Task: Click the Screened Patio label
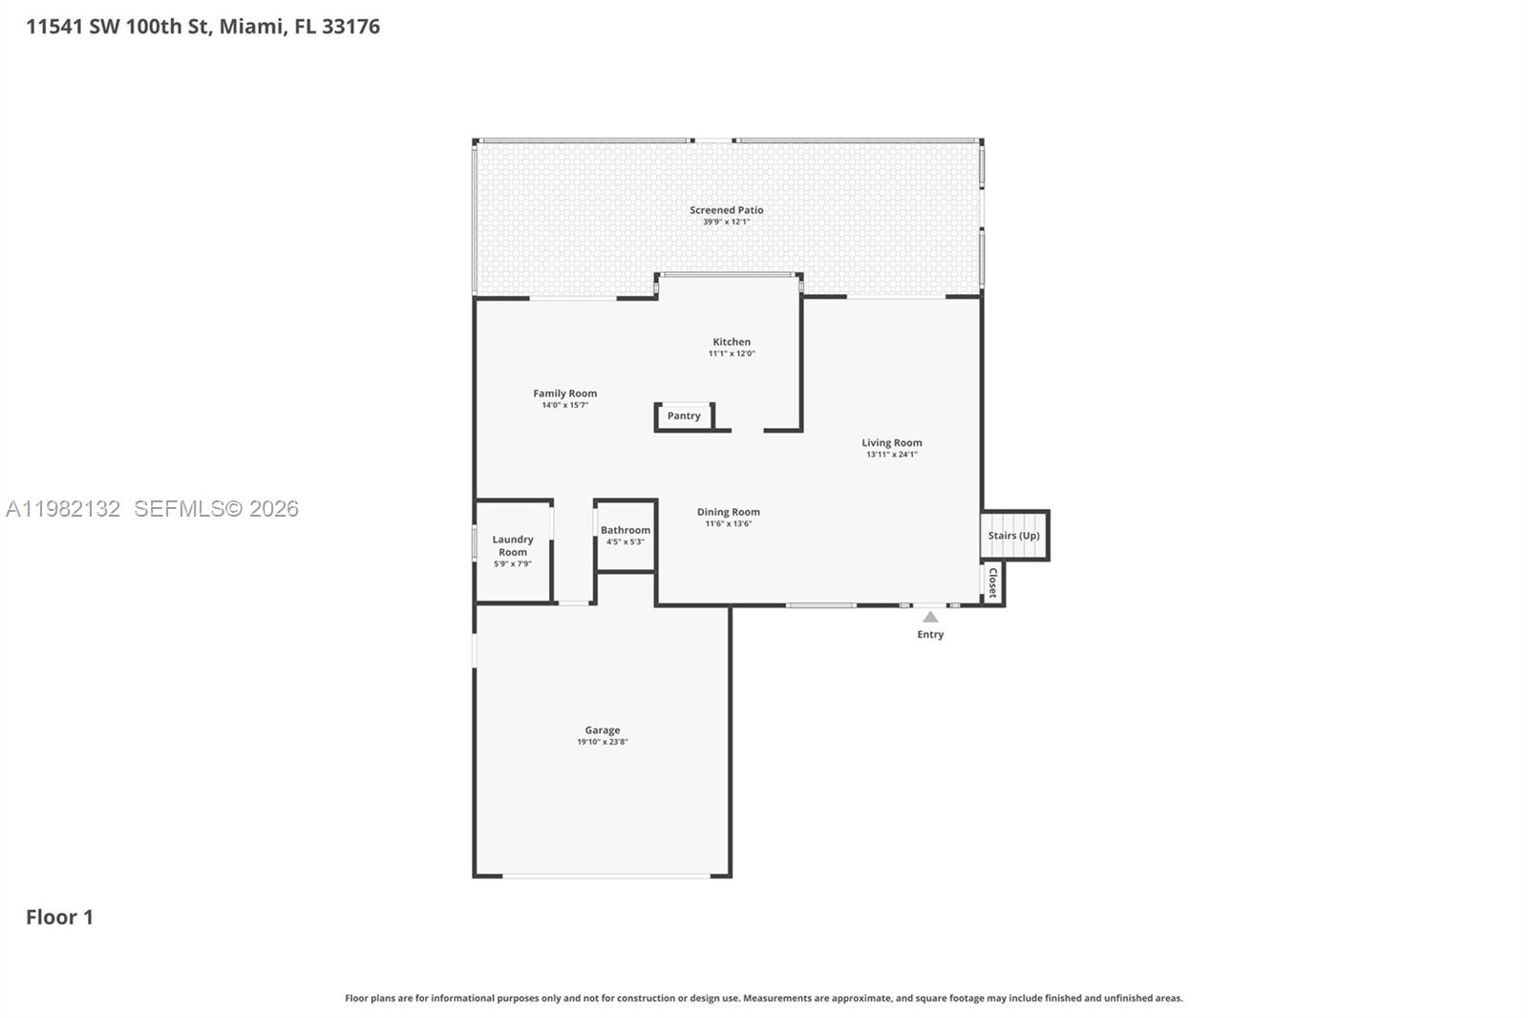pyautogui.click(x=726, y=210)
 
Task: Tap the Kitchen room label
pyautogui.click(x=732, y=342)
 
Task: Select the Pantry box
pyautogui.click(x=684, y=416)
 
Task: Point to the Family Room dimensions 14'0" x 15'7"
pyautogui.click(x=564, y=405)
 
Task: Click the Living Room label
pyautogui.click(x=891, y=442)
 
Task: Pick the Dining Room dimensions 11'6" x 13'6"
pyautogui.click(x=728, y=523)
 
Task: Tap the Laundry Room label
pyautogui.click(x=513, y=545)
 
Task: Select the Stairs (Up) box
pyautogui.click(x=1014, y=536)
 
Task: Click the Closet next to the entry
pyautogui.click(x=992, y=583)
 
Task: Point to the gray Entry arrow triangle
pyautogui.click(x=930, y=618)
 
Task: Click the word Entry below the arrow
pyautogui.click(x=930, y=634)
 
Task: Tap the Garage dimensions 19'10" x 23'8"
pyautogui.click(x=602, y=742)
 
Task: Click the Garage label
pyautogui.click(x=602, y=731)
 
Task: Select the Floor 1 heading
pyautogui.click(x=59, y=917)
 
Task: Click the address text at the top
pyautogui.click(x=202, y=27)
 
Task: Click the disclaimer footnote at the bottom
pyautogui.click(x=763, y=998)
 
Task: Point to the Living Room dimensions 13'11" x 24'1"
pyautogui.click(x=891, y=455)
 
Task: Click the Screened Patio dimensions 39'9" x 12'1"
pyautogui.click(x=726, y=222)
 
